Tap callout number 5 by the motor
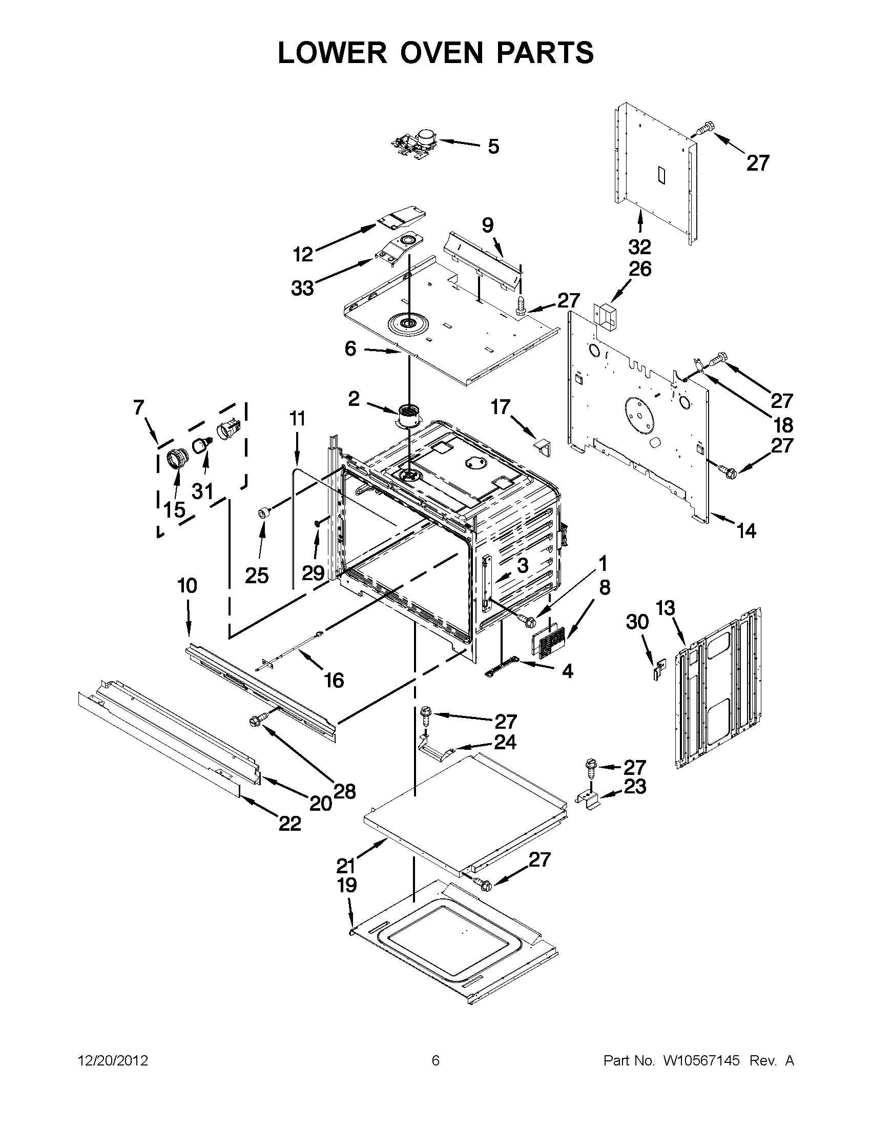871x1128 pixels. point(493,147)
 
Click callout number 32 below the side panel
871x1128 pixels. point(640,248)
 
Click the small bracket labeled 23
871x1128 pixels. point(591,799)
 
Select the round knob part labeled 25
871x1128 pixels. point(264,513)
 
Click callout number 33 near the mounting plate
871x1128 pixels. point(303,288)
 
